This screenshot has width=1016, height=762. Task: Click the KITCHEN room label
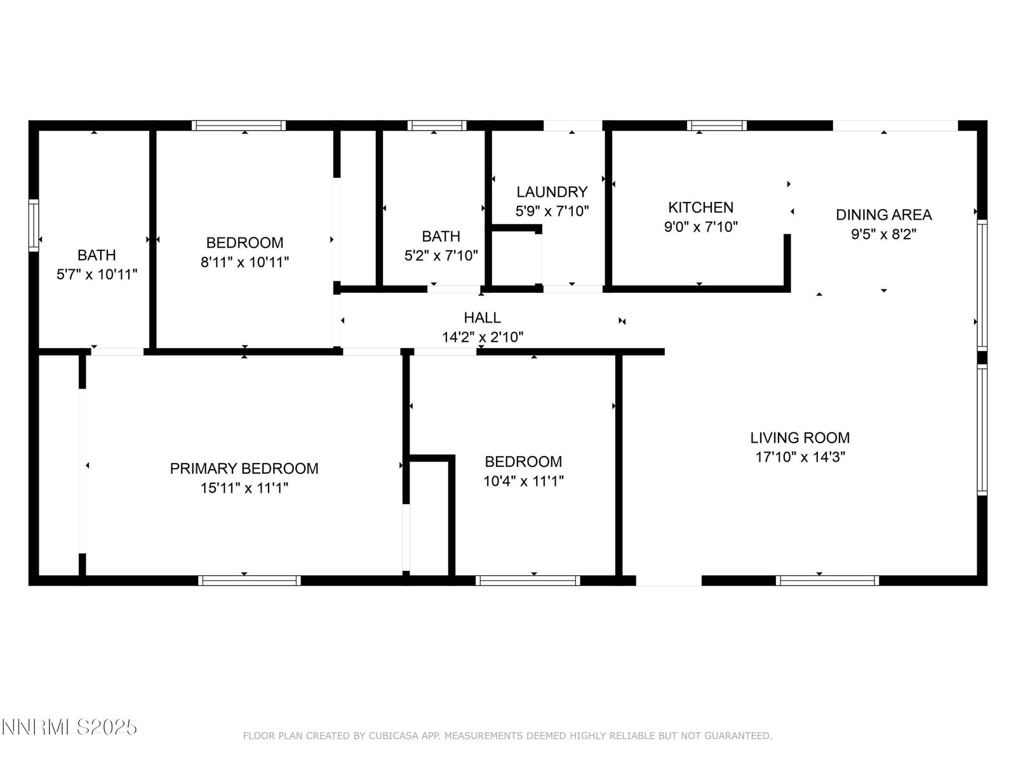700,207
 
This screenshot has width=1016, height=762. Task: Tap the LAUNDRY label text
552,192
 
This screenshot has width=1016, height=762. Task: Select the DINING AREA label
884,215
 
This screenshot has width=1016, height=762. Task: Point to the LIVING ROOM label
800,438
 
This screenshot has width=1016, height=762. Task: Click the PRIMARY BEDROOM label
244,469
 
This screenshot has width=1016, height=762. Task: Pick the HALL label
483,318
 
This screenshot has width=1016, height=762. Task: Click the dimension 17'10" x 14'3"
800,457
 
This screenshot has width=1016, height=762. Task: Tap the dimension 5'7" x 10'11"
97,274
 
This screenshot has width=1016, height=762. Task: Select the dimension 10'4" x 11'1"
523,481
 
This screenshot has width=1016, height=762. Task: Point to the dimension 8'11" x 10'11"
244,262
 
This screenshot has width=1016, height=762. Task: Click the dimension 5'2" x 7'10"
441,255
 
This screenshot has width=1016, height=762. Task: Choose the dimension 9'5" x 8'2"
884,234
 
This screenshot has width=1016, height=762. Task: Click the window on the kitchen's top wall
716,125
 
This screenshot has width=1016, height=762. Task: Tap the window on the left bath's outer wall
34,225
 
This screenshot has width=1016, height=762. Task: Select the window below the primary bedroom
250,580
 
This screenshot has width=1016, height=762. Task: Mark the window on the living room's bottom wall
827,580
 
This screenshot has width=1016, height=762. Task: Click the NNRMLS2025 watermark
69,728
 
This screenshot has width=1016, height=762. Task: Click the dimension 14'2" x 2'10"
483,337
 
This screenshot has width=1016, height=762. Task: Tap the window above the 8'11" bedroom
239,125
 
